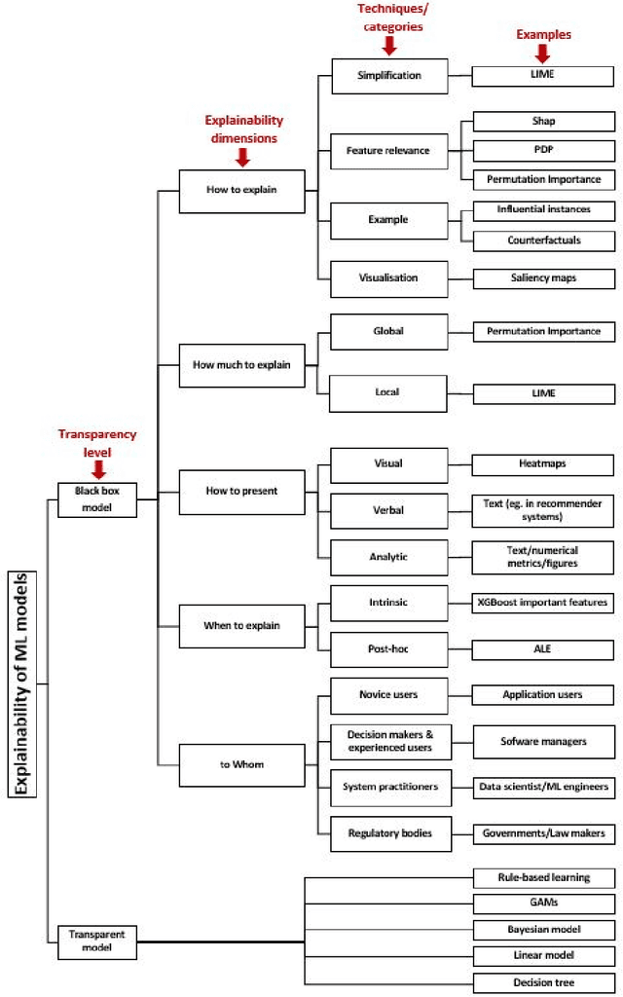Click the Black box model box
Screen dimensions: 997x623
coord(96,498)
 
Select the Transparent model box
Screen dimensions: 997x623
coord(96,940)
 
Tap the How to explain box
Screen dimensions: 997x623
coord(241,190)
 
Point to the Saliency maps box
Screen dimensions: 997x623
coord(543,277)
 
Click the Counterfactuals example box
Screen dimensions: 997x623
coord(543,240)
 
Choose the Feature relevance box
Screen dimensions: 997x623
coord(389,151)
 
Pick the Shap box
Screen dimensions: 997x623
coord(543,122)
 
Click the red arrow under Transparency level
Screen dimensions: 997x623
coord(97,468)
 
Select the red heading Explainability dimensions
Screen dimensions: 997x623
coord(243,129)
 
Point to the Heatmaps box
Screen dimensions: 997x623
coord(543,464)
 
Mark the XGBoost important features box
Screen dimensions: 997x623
coord(543,603)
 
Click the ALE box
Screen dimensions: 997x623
coord(543,648)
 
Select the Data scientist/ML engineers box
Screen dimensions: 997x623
coord(543,786)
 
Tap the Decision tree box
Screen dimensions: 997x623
coord(543,981)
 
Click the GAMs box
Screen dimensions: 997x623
coord(543,903)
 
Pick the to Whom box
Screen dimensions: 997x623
coord(241,763)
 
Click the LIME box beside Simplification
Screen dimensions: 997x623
coord(543,75)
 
